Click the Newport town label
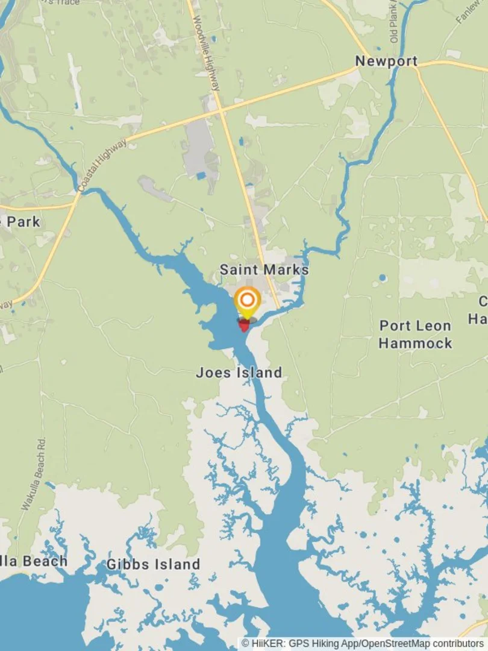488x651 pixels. point(386,61)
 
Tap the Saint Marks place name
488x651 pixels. point(264,269)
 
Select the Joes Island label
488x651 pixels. point(239,373)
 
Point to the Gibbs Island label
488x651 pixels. point(153,565)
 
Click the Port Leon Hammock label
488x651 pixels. point(415,334)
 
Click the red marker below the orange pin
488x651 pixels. point(245,325)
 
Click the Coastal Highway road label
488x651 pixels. point(103,166)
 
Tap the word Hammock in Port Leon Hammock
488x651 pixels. point(415,343)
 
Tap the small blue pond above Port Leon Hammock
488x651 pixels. point(383,278)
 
